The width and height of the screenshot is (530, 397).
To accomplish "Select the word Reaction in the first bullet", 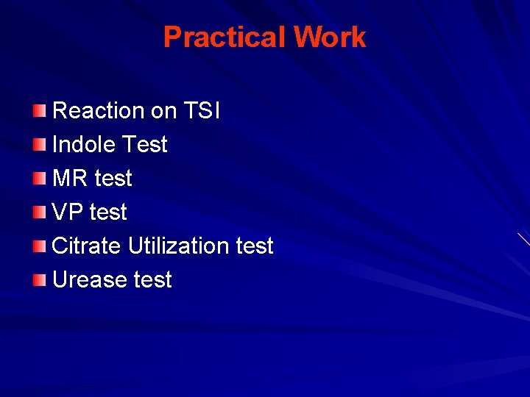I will pos(99,111).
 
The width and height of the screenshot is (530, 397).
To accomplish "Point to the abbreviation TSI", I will pos(201,111).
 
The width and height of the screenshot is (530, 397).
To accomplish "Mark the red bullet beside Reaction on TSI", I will pos(40,111).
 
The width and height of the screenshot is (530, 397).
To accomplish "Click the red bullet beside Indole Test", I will pos(40,145).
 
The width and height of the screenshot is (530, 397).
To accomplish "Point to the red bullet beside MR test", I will pos(40,179).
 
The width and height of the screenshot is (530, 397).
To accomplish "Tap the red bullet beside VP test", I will pos(40,212).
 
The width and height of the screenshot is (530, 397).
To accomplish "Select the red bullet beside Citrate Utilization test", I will pos(40,246).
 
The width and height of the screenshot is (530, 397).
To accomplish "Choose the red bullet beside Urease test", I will pos(40,280).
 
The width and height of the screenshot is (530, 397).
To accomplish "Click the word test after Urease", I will pos(152,280).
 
